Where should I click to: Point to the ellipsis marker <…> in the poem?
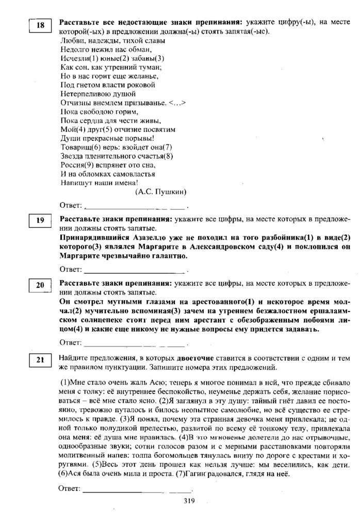pyautogui.click(x=177, y=103)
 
